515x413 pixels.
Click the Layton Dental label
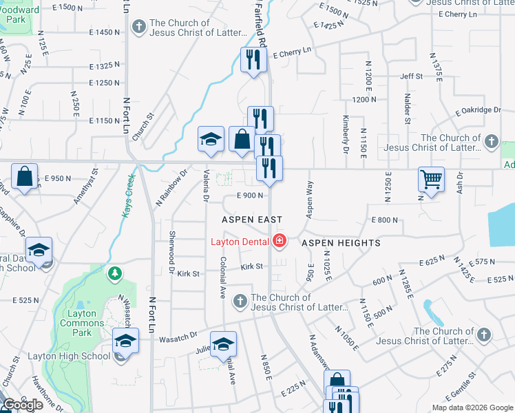(240, 242)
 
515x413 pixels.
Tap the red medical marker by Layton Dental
(280, 242)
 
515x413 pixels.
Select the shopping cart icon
(431, 180)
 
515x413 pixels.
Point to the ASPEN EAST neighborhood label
(252, 220)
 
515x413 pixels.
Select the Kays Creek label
(128, 198)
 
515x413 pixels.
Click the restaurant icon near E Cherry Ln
(253, 61)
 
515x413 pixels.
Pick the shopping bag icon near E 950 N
(25, 178)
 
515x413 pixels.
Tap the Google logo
(23, 405)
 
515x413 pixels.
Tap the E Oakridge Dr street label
(479, 109)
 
